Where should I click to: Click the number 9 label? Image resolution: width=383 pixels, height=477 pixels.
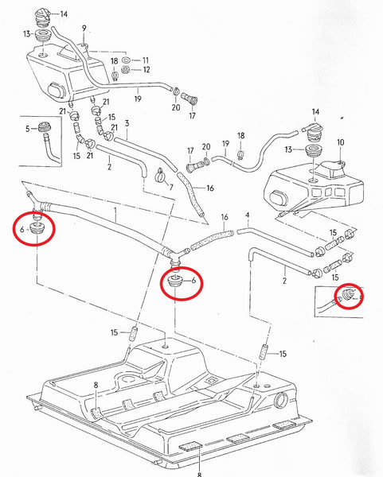pos(84,28)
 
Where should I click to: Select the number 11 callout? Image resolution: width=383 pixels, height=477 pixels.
pos(146,60)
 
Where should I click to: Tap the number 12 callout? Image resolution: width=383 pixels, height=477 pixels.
pos(146,71)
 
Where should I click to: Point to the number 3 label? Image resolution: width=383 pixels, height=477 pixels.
pos(127,124)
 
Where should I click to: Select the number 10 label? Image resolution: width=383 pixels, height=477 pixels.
pos(340,143)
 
